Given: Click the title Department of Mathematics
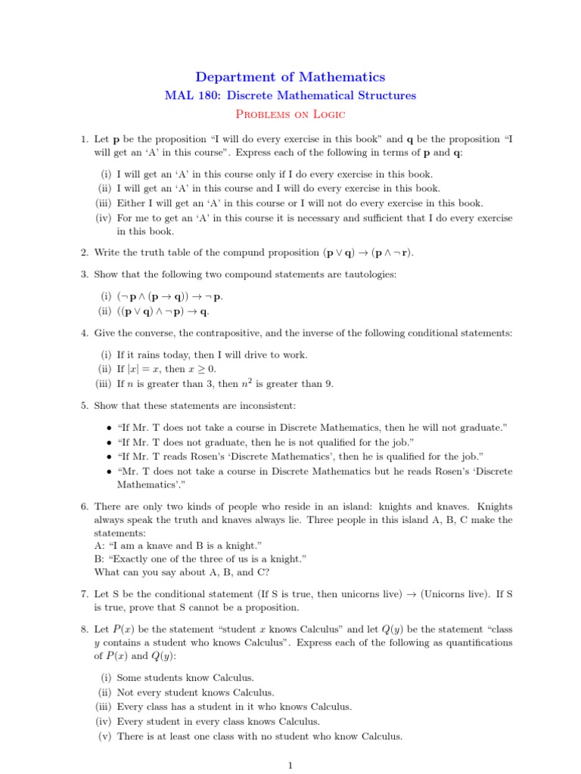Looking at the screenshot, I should click(x=290, y=77).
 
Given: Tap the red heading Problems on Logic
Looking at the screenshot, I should click(x=290, y=114).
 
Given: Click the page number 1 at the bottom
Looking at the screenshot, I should click(x=290, y=765).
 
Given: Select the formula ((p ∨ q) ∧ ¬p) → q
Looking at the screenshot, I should click(x=163, y=311).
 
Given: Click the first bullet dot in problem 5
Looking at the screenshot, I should click(x=110, y=428).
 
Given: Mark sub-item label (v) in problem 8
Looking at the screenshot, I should click(x=105, y=736).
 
